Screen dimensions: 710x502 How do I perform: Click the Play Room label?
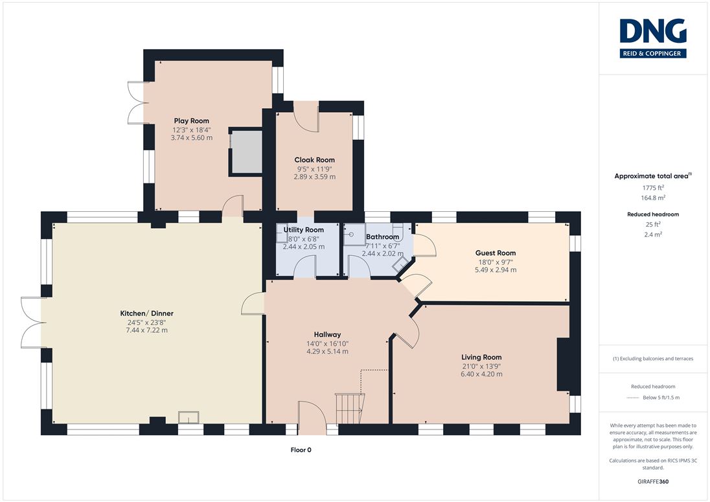192,121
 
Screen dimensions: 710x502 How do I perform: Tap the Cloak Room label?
315,160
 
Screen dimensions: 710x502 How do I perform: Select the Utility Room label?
303,230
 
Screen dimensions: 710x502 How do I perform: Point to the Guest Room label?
496,253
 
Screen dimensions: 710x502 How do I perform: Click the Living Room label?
481,357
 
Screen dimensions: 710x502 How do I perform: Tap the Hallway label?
327,334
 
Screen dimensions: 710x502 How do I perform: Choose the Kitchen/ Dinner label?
146,314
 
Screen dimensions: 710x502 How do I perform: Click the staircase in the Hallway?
350,408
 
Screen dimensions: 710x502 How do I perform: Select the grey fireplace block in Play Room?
247,152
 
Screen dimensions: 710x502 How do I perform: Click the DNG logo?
653,38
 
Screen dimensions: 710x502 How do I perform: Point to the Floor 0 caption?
301,450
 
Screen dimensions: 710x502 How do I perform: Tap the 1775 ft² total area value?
653,187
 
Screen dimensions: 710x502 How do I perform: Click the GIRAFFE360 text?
653,482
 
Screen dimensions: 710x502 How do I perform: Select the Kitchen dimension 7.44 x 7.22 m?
146,330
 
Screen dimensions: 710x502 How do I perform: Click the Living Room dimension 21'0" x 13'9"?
481,366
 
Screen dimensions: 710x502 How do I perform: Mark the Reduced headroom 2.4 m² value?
653,234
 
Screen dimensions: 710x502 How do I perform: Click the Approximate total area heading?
652,176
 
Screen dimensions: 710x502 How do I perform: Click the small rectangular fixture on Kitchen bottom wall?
189,417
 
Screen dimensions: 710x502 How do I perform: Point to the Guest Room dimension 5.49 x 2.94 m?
496,270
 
